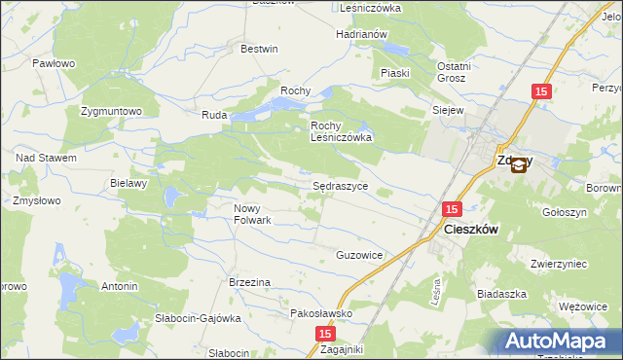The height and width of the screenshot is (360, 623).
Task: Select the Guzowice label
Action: pos(359,255)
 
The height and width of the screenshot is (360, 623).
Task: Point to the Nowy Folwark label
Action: pos(252,214)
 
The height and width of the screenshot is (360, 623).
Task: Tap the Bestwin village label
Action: pos(259,49)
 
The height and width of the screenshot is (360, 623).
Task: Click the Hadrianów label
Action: pos(362,34)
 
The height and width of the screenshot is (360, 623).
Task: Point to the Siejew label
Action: pos(448,110)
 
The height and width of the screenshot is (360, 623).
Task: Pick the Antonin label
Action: pos(120,287)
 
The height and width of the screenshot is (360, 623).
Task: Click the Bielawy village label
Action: pos(128,183)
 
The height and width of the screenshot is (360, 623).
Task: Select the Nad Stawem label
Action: pos(46,158)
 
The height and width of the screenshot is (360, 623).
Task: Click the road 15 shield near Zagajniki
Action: pos(325,334)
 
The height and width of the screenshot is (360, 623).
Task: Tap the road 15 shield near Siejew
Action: pos(542,91)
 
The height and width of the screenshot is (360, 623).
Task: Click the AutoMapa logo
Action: pos(559,342)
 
